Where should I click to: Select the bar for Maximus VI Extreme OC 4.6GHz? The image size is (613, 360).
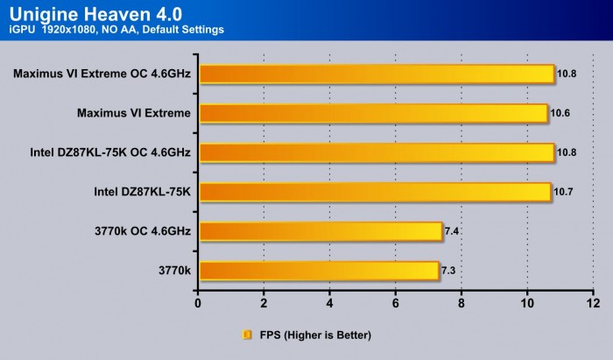[377, 74]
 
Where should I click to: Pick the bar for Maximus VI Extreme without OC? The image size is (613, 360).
[373, 113]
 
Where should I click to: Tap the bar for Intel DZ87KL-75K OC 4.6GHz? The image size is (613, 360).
[377, 152]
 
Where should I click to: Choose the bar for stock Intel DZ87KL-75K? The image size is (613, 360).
[375, 192]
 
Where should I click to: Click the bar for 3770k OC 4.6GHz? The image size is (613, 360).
[321, 231]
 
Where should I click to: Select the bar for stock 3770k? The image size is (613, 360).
[319, 270]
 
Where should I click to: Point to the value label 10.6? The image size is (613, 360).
[560, 113]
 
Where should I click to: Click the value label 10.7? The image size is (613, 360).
[563, 192]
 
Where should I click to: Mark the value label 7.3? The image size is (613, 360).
[448, 270]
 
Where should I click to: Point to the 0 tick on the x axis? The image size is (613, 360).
[199, 304]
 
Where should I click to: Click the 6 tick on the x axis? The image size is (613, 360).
[396, 304]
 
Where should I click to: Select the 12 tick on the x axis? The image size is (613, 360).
[593, 304]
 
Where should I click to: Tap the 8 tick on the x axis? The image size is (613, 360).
[462, 304]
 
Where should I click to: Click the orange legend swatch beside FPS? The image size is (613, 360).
[248, 335]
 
